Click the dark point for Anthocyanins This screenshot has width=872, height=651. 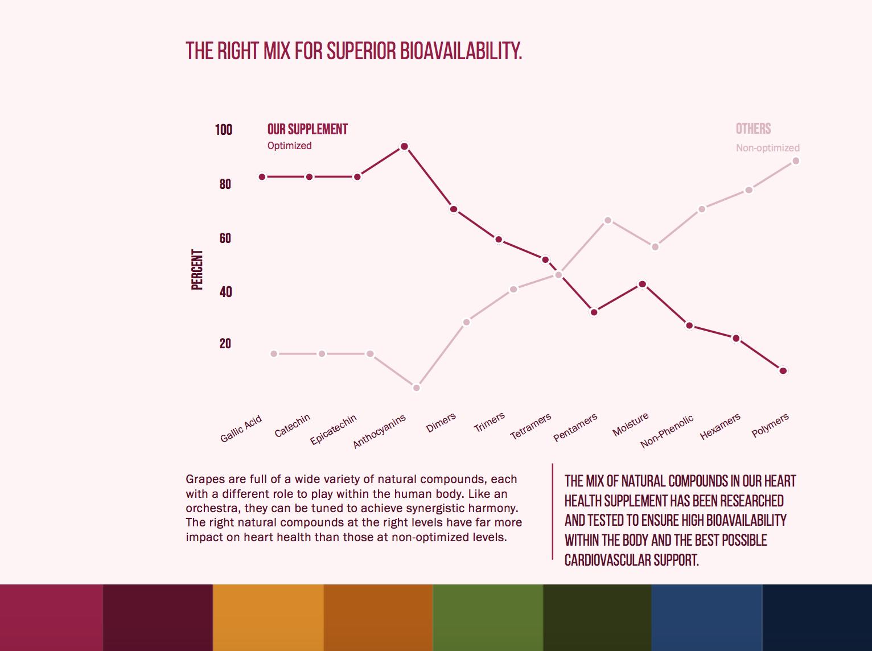click(404, 147)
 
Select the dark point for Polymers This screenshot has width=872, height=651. click(783, 371)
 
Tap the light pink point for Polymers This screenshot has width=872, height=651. click(796, 161)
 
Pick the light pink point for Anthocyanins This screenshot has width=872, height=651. click(417, 388)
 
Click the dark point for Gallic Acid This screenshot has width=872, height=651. click(262, 177)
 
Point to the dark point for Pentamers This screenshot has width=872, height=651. click(594, 312)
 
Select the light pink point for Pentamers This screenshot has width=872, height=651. click(608, 220)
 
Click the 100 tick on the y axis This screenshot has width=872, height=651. click(224, 130)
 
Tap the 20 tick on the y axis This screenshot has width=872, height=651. click(225, 344)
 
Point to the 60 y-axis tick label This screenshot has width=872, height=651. click(225, 238)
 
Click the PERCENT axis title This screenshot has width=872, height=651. click(197, 270)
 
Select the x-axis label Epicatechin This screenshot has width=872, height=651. click(334, 429)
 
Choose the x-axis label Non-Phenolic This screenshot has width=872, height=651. click(667, 431)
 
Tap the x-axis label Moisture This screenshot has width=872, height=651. click(631, 425)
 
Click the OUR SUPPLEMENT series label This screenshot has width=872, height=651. click(307, 130)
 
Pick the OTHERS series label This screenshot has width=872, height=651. click(753, 129)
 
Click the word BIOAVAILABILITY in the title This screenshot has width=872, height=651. click(461, 51)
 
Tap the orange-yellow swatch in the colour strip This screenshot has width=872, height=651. click(268, 617)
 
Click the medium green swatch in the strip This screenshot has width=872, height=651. click(488, 617)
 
